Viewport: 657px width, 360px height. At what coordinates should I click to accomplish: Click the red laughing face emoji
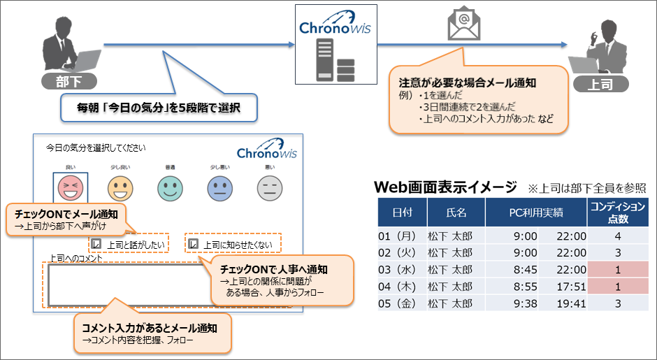(x=71, y=187)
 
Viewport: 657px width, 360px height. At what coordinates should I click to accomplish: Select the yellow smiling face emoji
(x=120, y=187)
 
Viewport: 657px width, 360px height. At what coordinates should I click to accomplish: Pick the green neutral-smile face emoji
(x=169, y=187)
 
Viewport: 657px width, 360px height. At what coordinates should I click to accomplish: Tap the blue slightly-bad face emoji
(x=219, y=187)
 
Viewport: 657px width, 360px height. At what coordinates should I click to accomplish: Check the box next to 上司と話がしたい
(x=97, y=245)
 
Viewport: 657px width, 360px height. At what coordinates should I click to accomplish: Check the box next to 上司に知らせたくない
(x=194, y=245)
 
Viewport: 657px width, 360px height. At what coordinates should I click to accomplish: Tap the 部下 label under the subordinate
(x=68, y=81)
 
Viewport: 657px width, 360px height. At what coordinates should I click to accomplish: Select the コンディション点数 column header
(x=617, y=212)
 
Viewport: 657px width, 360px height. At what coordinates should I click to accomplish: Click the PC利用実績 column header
(x=535, y=212)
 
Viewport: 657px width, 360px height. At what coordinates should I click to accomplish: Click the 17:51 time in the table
(x=571, y=287)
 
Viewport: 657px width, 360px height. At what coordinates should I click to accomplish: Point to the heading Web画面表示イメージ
(x=445, y=187)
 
